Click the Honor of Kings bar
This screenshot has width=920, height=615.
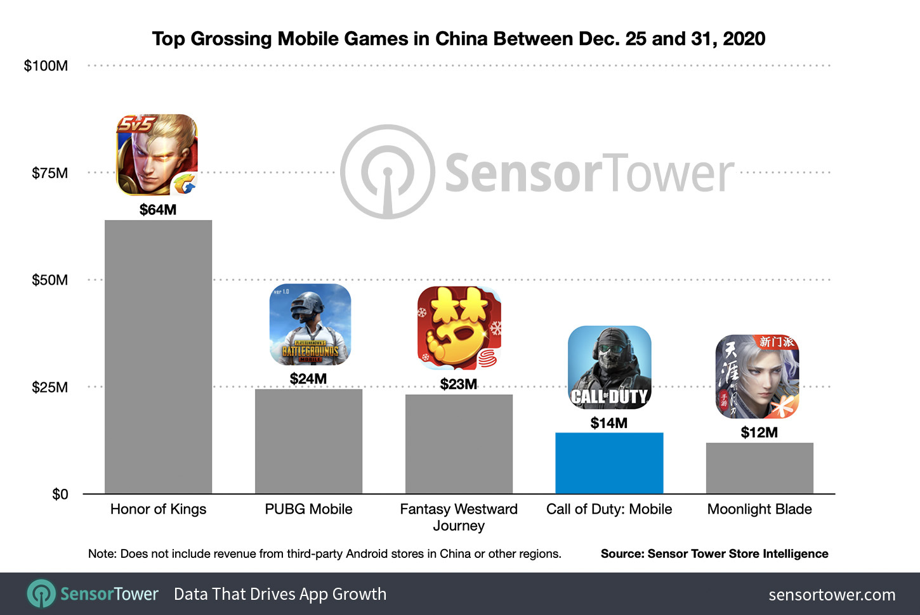tap(158, 356)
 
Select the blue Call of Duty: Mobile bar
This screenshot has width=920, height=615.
tap(609, 463)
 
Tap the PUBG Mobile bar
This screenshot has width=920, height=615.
tap(308, 441)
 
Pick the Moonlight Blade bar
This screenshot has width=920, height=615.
tap(759, 468)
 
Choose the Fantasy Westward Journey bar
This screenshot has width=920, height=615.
tap(459, 444)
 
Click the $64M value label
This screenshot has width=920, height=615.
tap(158, 210)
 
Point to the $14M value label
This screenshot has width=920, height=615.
tap(609, 423)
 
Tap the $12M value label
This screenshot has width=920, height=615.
tap(759, 432)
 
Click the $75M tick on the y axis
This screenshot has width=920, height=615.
tap(49, 173)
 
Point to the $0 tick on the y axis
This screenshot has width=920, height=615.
tap(60, 494)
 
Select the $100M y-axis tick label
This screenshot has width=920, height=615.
tap(46, 66)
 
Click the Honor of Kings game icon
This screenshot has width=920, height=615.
tap(157, 155)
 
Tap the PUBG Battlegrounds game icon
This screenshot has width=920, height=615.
tap(310, 324)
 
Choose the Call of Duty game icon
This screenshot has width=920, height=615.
tap(609, 367)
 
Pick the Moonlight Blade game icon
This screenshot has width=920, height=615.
tap(757, 377)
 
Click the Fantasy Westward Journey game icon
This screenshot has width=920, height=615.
tap(459, 328)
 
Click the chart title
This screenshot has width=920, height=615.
tap(458, 39)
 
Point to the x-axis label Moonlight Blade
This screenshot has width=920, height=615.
tap(759, 509)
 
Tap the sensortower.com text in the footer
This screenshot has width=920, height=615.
tap(832, 595)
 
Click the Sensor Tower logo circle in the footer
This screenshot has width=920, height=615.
tap(41, 594)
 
